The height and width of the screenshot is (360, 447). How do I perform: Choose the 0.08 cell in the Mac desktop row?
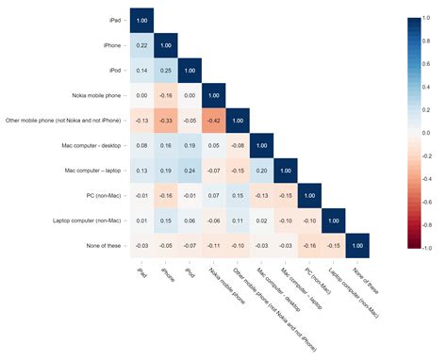pyautogui.click(x=141, y=145)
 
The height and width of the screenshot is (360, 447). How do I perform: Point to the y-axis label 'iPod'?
pyautogui.click(x=116, y=70)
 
